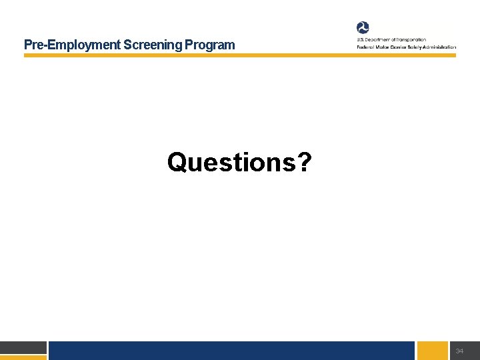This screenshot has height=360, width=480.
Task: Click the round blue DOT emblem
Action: coord(363,27)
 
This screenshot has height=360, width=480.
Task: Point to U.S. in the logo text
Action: coord(360,40)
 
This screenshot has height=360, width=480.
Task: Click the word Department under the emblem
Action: coord(379,40)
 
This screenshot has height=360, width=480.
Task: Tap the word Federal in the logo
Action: coord(365,47)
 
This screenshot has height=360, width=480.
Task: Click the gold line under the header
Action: coord(240,55)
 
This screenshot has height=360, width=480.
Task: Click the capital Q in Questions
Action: coord(177,162)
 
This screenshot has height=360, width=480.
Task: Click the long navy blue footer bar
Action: coord(231,351)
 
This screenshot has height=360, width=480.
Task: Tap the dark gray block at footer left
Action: coord(23,347)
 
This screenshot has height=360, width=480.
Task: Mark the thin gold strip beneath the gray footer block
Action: coord(23,357)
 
